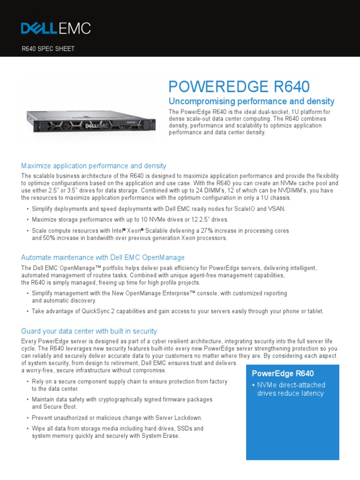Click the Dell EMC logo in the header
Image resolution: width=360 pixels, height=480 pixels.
coord(56,28)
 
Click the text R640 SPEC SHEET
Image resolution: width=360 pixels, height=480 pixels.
coord(48,49)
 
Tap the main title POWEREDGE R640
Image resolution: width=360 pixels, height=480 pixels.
coord(239,87)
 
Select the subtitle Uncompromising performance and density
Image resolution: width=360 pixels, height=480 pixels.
coord(251,101)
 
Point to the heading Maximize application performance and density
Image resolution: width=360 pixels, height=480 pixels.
coord(94,166)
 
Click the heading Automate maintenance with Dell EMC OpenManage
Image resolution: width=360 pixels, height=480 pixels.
coord(103,257)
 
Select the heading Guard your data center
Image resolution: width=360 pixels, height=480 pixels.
coord(89,331)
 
